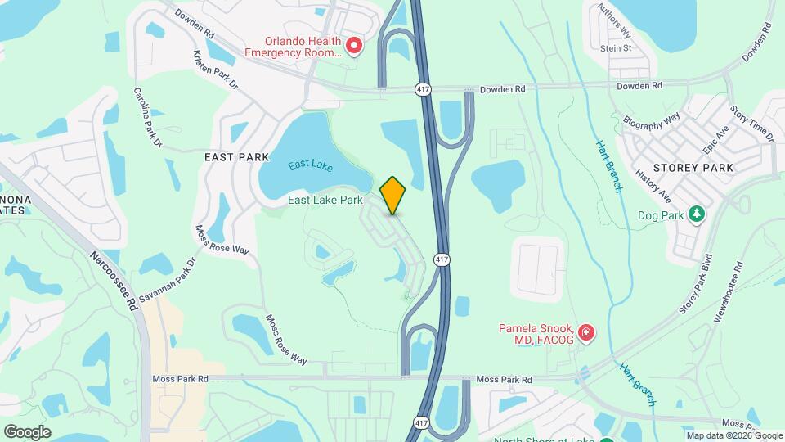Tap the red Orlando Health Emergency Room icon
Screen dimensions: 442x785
[354, 46]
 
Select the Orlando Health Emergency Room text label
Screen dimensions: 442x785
[292, 46]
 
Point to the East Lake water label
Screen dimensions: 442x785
[310, 165]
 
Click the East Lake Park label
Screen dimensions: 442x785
[325, 200]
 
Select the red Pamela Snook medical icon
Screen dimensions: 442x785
[585, 333]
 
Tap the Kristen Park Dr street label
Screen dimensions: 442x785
[215, 70]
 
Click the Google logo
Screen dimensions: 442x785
[27, 431]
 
